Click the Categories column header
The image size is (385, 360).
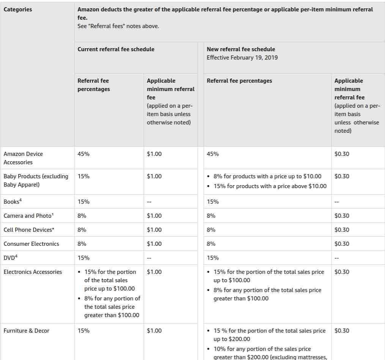(x=18, y=9)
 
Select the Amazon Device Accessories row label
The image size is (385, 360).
(x=23, y=158)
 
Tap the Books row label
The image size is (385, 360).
(x=11, y=202)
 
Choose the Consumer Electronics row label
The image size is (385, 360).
(x=31, y=244)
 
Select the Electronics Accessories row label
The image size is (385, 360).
(x=33, y=272)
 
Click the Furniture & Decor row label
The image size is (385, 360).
(x=27, y=331)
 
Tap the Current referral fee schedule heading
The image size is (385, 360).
(x=116, y=49)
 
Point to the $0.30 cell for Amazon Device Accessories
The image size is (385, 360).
(x=342, y=154)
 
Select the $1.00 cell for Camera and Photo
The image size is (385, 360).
(x=154, y=216)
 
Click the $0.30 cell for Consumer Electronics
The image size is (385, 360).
(x=342, y=244)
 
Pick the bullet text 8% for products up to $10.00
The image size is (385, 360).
(x=267, y=176)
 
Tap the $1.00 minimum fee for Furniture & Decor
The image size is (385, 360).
(x=154, y=331)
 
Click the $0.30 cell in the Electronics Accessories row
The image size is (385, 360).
(x=342, y=272)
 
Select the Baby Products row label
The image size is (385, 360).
(x=36, y=181)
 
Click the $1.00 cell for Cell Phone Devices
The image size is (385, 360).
(x=154, y=230)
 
